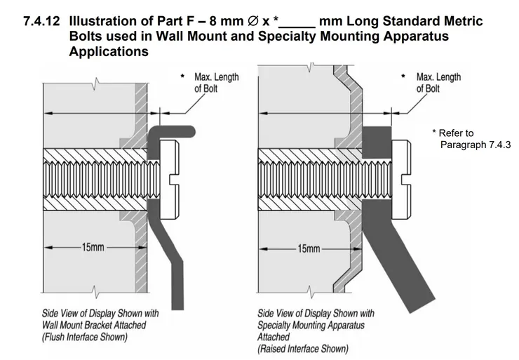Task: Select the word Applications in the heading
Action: (x=109, y=52)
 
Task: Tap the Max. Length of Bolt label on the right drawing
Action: (x=438, y=82)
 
